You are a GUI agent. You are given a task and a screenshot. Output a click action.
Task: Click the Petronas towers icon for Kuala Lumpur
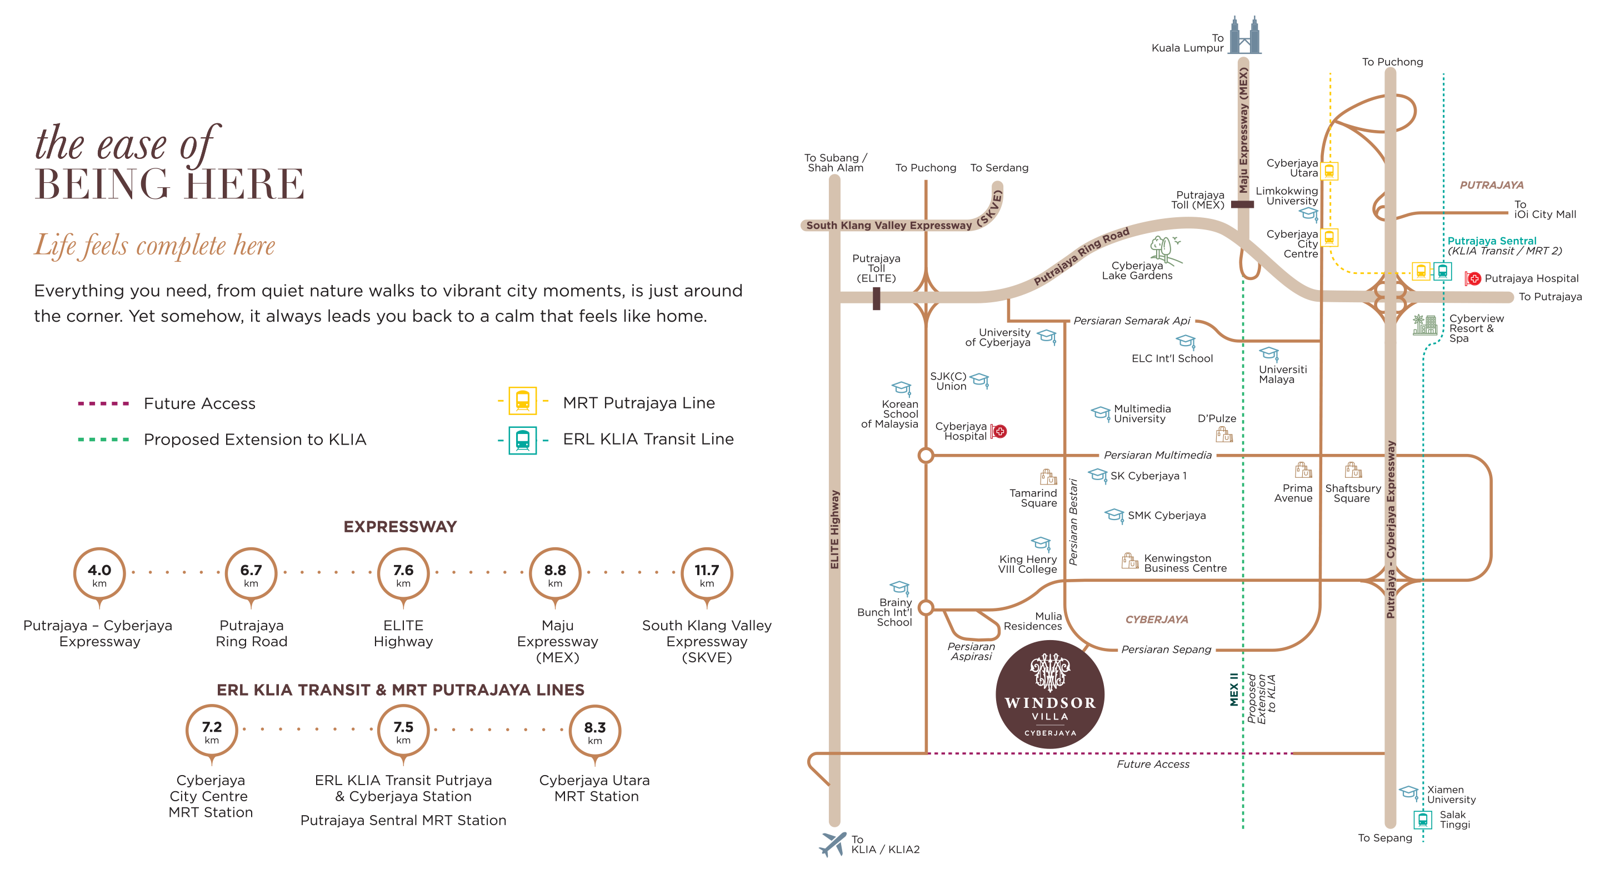1244,36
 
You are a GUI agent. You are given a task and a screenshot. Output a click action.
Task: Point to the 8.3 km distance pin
594,731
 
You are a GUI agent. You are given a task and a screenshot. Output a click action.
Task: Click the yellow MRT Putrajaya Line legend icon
522,401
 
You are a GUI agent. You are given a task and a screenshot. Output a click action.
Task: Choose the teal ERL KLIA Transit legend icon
522,440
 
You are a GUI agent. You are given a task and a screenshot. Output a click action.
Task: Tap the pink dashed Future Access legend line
103,404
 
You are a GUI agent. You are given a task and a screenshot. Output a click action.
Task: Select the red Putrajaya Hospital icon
1472,278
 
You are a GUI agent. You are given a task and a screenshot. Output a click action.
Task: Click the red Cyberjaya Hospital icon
998,431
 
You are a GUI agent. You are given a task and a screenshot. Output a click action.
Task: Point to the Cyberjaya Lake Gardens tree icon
1164,249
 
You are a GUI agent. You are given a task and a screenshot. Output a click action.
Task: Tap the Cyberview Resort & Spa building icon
1424,324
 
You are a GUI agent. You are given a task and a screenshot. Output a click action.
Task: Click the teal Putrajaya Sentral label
1491,241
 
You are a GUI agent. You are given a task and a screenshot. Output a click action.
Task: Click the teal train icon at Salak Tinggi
1422,820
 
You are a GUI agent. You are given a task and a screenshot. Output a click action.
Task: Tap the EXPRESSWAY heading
400,527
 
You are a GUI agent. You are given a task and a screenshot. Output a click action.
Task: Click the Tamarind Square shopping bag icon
1048,477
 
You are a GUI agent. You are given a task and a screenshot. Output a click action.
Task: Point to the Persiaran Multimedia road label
1157,456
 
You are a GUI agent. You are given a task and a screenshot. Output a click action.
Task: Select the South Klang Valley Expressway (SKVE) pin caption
706,641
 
